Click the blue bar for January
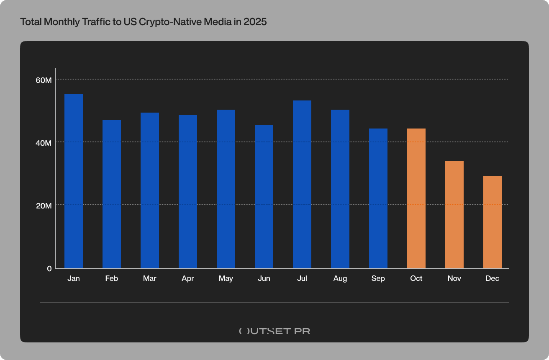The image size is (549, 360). (74, 181)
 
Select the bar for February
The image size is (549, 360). (112, 194)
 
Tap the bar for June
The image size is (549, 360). (264, 197)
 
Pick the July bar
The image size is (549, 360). (302, 184)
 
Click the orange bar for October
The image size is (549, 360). (416, 198)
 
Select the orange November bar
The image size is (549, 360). (454, 215)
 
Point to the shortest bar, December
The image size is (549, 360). (493, 222)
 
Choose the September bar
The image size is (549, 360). (378, 198)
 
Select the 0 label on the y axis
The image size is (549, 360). (49, 268)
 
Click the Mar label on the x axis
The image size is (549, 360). (150, 279)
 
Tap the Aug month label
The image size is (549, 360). (340, 279)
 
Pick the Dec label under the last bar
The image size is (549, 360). (493, 279)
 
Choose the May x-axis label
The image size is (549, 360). (226, 279)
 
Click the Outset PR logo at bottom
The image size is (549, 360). (274, 331)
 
